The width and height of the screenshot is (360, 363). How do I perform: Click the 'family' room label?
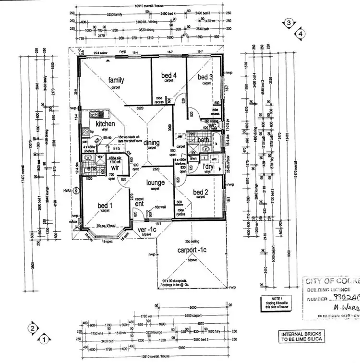pyautogui.click(x=116, y=80)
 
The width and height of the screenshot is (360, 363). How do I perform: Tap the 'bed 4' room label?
pyautogui.click(x=168, y=75)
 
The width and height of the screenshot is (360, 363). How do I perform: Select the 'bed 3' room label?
pyautogui.click(x=205, y=77)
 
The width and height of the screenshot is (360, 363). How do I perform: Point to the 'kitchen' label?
pyautogui.click(x=105, y=124)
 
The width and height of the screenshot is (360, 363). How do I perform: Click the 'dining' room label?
pyautogui.click(x=151, y=143)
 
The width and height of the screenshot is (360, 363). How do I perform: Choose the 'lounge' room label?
pyautogui.click(x=156, y=182)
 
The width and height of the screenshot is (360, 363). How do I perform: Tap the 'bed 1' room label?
pyautogui.click(x=105, y=206)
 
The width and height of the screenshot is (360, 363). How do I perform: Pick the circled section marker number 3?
pyautogui.click(x=288, y=23)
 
